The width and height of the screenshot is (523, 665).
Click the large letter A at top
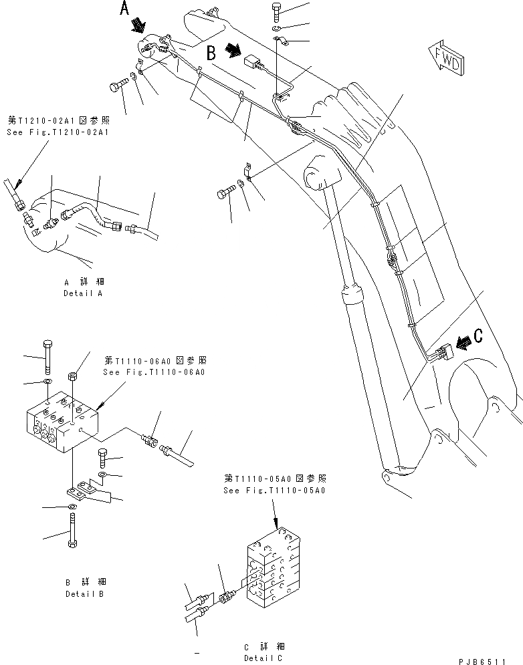[125, 9]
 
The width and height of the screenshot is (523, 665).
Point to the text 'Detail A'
[84, 294]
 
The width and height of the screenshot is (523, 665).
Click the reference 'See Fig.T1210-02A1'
[58, 133]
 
